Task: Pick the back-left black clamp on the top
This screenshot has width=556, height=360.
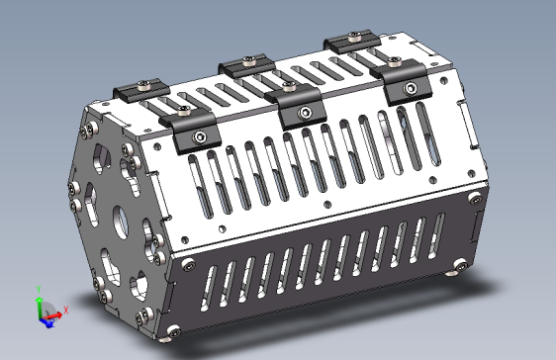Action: pyautogui.click(x=141, y=90)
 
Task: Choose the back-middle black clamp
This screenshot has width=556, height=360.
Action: pyautogui.click(x=247, y=68)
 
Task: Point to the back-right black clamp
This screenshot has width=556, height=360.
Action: pyautogui.click(x=353, y=41)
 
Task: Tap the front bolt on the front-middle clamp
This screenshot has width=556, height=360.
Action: pyautogui.click(x=306, y=115)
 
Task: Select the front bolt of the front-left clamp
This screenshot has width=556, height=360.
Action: pyautogui.click(x=201, y=136)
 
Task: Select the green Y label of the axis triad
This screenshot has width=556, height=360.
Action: pyautogui.click(x=38, y=289)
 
